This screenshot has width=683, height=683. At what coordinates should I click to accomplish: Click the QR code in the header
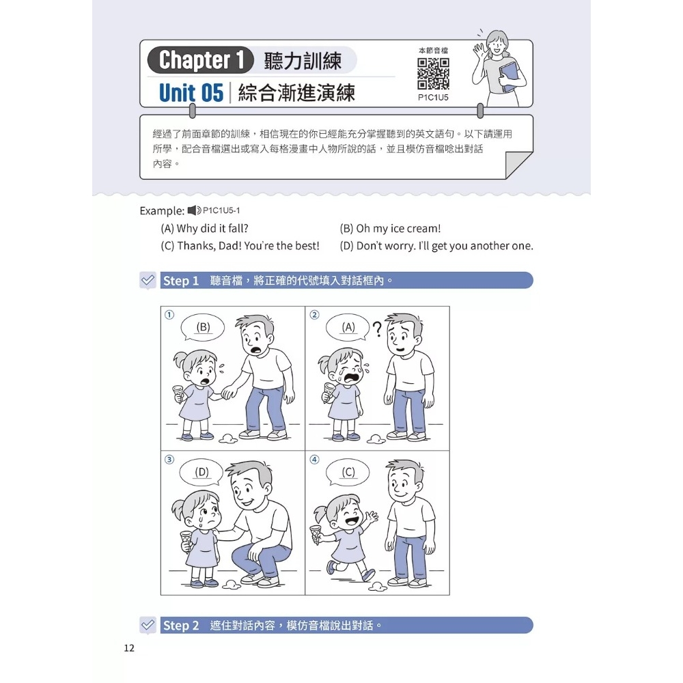pyautogui.click(x=433, y=74)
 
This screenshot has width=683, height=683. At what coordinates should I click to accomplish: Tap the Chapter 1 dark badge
pyautogui.click(x=200, y=59)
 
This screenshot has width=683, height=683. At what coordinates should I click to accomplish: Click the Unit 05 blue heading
pyautogui.click(x=191, y=93)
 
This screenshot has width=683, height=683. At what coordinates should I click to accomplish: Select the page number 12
pyautogui.click(x=129, y=647)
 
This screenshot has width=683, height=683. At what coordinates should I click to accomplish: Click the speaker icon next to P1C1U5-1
pyautogui.click(x=194, y=210)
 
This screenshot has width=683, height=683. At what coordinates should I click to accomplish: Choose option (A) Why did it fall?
pyautogui.click(x=204, y=228)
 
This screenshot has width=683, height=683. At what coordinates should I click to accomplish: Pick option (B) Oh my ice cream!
pyautogui.click(x=390, y=228)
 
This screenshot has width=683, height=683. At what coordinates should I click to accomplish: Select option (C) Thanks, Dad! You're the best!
pyautogui.click(x=240, y=246)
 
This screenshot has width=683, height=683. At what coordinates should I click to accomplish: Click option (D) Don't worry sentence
pyautogui.click(x=436, y=246)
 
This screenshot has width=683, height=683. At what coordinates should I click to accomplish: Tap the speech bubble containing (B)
pyautogui.click(x=203, y=328)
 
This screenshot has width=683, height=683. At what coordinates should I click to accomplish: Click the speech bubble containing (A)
pyautogui.click(x=348, y=328)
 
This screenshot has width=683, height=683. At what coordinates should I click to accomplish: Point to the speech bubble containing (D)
pyautogui.click(x=201, y=472)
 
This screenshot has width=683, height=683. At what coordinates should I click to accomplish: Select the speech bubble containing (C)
pyautogui.click(x=348, y=472)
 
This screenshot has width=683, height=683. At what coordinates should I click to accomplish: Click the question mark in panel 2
pyautogui.click(x=378, y=329)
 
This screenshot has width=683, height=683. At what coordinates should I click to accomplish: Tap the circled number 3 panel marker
pyautogui.click(x=169, y=460)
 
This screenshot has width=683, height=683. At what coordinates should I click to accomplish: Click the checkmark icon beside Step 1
pyautogui.click(x=148, y=280)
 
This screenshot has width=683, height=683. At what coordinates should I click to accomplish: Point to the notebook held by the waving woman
pyautogui.click(x=510, y=76)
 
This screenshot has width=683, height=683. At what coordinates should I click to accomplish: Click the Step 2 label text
pyautogui.click(x=181, y=626)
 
